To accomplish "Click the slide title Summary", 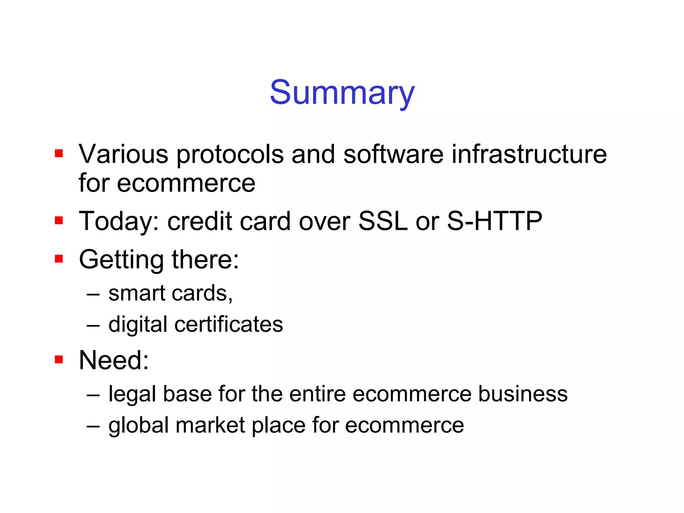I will coord(342,93).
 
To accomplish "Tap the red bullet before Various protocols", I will coord(59,153).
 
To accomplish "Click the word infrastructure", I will coord(529,154).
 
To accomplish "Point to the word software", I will coord(393,154).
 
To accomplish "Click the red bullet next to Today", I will coord(59,220).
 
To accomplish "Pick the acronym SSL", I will coord(383,221).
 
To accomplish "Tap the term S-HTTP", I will coord(494,221).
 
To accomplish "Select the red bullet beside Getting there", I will coord(59,259).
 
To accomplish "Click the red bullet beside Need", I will coord(59,359).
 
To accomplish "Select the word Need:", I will coord(114,360).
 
